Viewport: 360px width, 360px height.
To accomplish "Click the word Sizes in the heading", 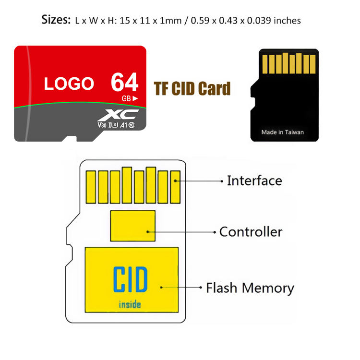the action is [x=57, y=20].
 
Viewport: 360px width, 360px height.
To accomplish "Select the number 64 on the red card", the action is [x=124, y=82].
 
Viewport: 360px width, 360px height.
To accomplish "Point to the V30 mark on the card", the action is [x=102, y=125].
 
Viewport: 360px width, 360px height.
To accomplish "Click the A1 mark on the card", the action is [x=124, y=125].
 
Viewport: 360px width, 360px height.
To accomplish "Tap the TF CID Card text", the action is [x=192, y=89].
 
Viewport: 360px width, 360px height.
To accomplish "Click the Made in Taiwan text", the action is [x=282, y=132].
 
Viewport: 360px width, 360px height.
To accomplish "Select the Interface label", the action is [x=254, y=181].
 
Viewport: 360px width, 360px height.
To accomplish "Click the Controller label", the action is [x=251, y=232].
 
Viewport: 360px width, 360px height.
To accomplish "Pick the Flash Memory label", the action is [x=250, y=288].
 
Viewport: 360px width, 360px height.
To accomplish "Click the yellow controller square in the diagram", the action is [x=132, y=226].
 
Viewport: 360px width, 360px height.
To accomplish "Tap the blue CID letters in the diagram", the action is [x=130, y=280].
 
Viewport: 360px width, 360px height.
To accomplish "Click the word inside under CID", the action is [x=130, y=304].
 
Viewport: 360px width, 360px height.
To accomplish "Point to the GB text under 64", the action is [x=126, y=98].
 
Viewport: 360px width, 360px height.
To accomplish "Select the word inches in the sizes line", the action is [x=287, y=21].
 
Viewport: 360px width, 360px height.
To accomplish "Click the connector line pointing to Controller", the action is [x=182, y=232].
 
